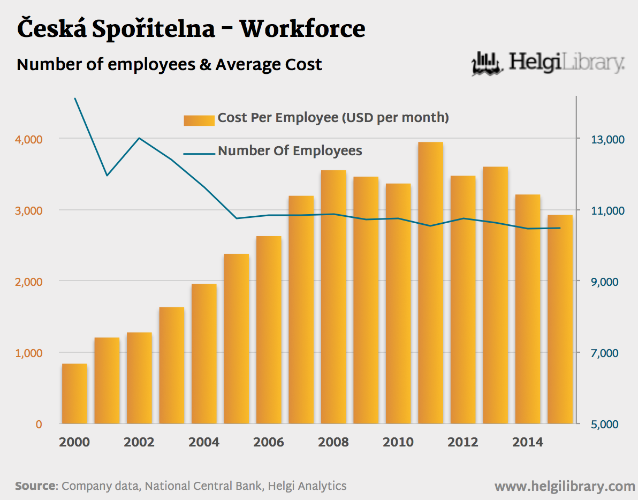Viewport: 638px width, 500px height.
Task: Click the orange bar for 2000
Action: (74, 393)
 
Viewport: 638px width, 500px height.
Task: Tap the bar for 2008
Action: (333, 297)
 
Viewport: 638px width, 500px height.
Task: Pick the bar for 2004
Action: (204, 353)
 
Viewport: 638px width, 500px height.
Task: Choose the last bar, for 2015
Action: (560, 319)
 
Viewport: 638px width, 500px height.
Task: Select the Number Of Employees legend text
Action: (290, 151)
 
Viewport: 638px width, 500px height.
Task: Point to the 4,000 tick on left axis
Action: (29, 139)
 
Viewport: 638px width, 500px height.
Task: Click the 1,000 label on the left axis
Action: (29, 353)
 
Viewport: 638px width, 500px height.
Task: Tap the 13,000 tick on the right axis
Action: (594, 139)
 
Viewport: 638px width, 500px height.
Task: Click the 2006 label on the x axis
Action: (269, 442)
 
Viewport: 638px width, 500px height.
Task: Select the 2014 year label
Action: (528, 442)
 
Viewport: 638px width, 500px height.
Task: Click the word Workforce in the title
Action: (302, 29)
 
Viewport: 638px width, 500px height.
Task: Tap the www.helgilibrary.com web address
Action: (565, 486)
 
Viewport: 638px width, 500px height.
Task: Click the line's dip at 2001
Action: (107, 176)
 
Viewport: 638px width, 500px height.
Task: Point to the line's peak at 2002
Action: (139, 138)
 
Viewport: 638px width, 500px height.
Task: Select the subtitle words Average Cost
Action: (269, 65)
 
